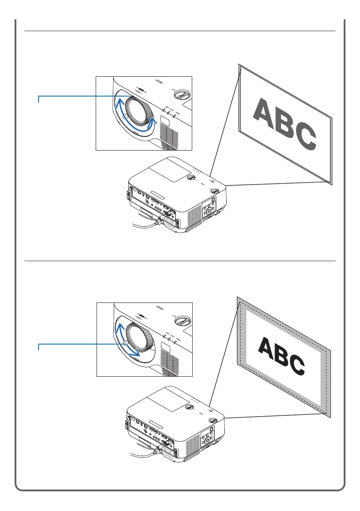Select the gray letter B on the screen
pyautogui.click(x=283, y=122)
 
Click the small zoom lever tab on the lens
pyautogui.click(x=125, y=344)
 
